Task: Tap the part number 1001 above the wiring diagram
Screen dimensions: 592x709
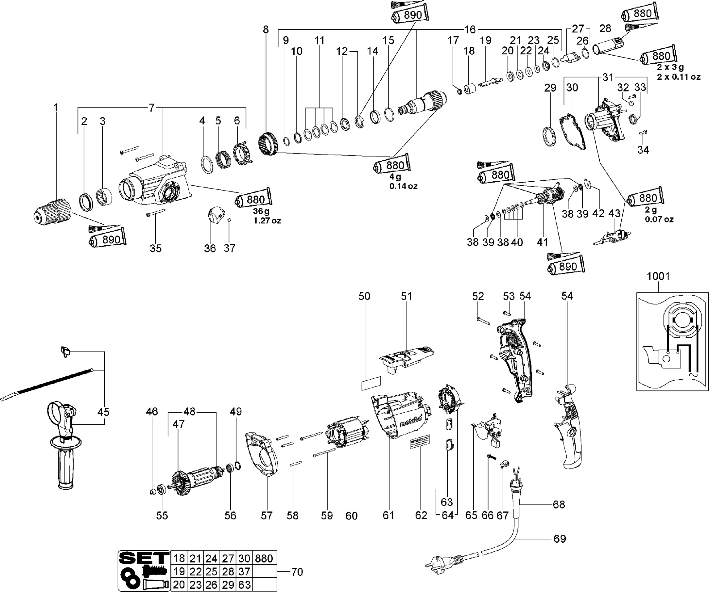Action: (658, 276)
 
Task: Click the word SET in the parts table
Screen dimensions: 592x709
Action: (144, 558)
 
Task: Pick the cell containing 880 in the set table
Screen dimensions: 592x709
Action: (264, 559)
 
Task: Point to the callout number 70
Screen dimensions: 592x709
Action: (297, 572)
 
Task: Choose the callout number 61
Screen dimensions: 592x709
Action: (388, 515)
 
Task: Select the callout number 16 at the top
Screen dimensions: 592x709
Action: (470, 30)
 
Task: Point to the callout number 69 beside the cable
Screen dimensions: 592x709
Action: (560, 539)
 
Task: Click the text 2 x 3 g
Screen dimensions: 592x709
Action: (670, 67)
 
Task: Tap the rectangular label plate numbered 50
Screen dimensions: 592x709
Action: (371, 383)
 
